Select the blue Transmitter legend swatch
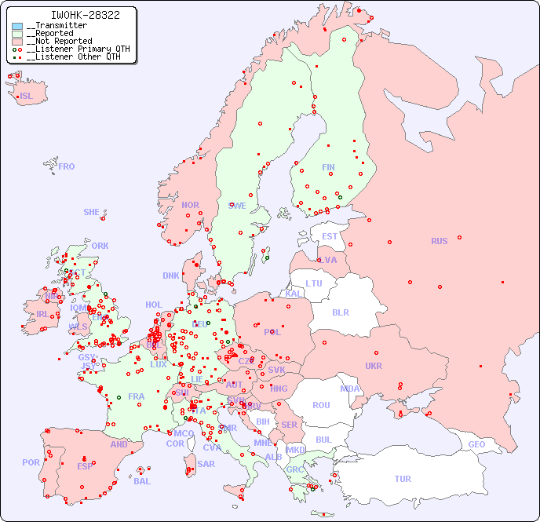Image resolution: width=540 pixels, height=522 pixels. tap(17, 26)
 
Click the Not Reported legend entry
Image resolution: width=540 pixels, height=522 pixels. tap(59, 42)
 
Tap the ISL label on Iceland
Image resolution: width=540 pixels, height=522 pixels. tap(27, 97)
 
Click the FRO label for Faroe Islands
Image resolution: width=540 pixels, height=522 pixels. tap(67, 166)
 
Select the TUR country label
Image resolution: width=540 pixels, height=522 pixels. tap(403, 479)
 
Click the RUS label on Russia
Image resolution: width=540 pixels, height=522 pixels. tap(439, 241)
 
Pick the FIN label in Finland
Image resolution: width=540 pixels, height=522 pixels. tap(328, 167)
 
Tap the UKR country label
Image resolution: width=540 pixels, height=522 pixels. tap(374, 366)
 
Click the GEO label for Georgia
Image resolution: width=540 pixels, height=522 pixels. tap(476, 444)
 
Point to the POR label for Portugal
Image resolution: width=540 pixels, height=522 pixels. tap(31, 462)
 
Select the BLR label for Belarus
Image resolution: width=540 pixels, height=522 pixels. tap(340, 312)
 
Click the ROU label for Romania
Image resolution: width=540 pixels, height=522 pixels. tap(321, 405)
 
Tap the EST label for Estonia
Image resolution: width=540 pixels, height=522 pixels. tap(330, 236)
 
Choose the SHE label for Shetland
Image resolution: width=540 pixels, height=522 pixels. tap(92, 212)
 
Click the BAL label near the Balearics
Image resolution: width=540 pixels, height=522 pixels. tap(142, 481)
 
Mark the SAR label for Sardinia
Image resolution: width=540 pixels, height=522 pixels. tap(206, 464)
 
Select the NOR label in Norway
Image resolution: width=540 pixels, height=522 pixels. tap(190, 205)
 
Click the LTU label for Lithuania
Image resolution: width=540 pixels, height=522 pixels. tap(314, 283)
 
